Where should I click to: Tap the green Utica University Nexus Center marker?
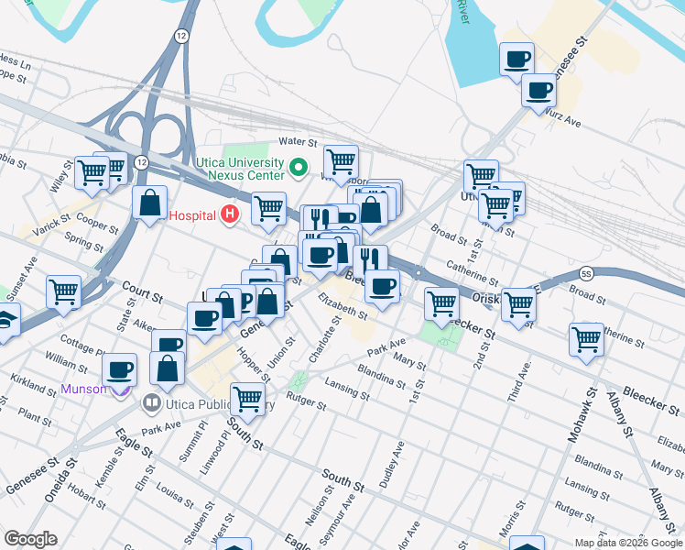pos(297,168)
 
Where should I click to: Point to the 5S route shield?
pos(586,273)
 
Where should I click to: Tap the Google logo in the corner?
pos(30,539)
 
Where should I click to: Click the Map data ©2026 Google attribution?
pos(627,543)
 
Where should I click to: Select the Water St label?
pos(297,143)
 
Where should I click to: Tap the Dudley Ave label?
pos(397,463)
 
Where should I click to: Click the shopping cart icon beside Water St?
pos(341,160)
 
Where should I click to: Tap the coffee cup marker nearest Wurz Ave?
pos(538,90)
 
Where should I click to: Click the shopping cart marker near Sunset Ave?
pos(64,291)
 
